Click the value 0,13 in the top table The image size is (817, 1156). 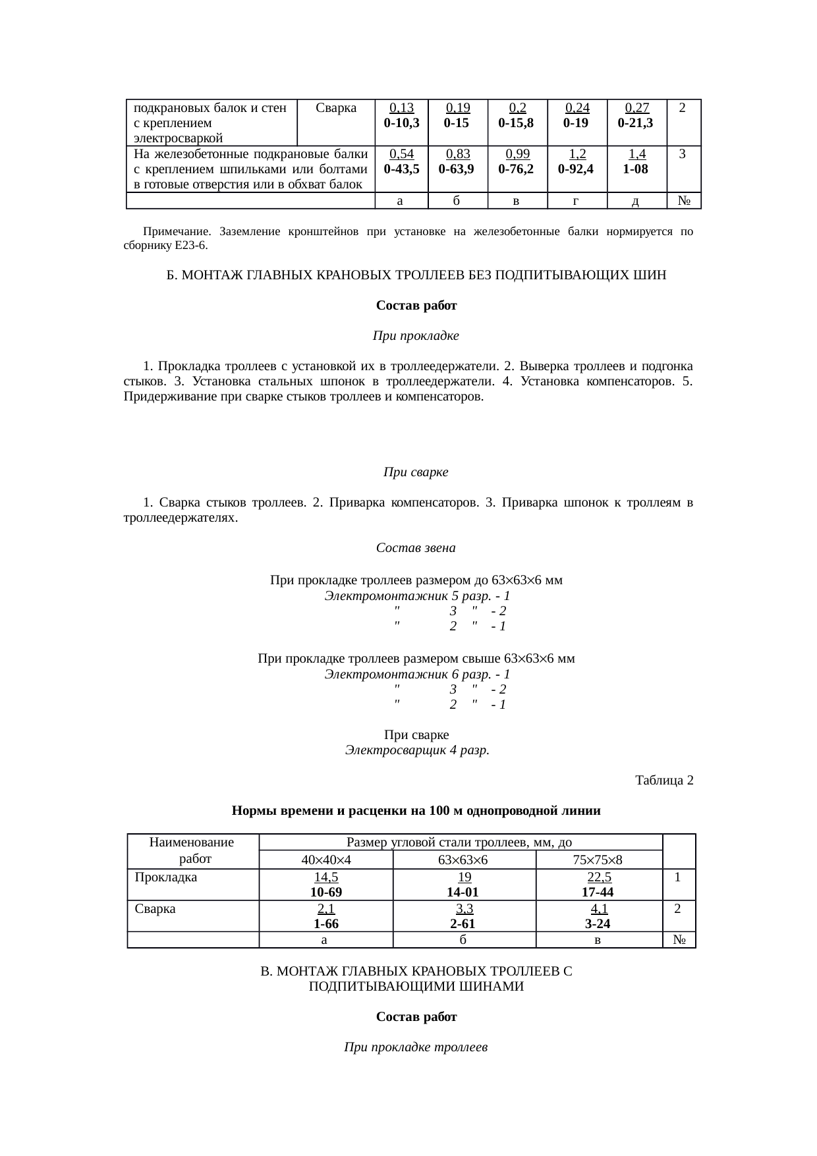pos(401,108)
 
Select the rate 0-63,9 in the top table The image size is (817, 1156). pos(457,169)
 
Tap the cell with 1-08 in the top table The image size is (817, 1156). pos(635,169)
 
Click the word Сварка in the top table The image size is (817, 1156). pos(336,108)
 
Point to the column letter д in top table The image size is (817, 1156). pos(635,201)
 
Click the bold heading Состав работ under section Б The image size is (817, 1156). pos(416,306)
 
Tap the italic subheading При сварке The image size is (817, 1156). pos(416,473)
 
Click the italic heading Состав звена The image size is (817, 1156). pos(416,548)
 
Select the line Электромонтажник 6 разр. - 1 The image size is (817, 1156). pos(417,674)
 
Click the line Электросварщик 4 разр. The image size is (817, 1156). pos(417,750)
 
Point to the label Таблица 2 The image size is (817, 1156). pos(663,781)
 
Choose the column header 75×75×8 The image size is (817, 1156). pos(598,860)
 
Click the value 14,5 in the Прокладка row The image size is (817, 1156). pos(326,877)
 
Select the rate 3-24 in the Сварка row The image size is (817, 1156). pos(598,923)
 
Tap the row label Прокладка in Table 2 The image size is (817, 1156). pos(166,877)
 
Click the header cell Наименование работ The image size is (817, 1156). pos(192,850)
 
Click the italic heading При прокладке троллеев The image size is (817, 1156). pos(416,1047)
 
